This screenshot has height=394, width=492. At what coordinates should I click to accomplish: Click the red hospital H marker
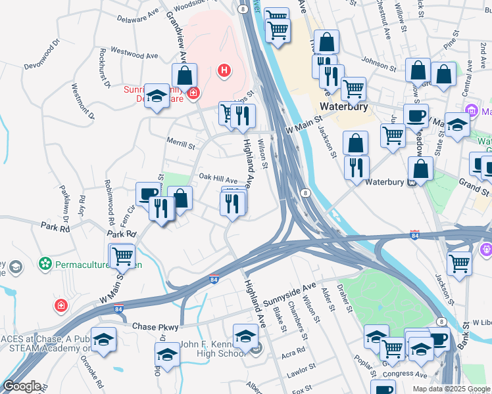[224, 70]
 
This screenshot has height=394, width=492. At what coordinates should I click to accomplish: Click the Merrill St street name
[181, 144]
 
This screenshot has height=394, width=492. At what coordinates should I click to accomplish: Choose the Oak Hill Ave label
[218, 179]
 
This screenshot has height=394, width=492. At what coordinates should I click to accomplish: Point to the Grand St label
[473, 183]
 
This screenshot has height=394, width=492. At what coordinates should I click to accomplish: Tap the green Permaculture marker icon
[45, 265]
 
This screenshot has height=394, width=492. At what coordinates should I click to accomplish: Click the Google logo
[21, 386]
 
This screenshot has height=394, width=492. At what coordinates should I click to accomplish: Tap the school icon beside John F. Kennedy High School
[245, 335]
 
